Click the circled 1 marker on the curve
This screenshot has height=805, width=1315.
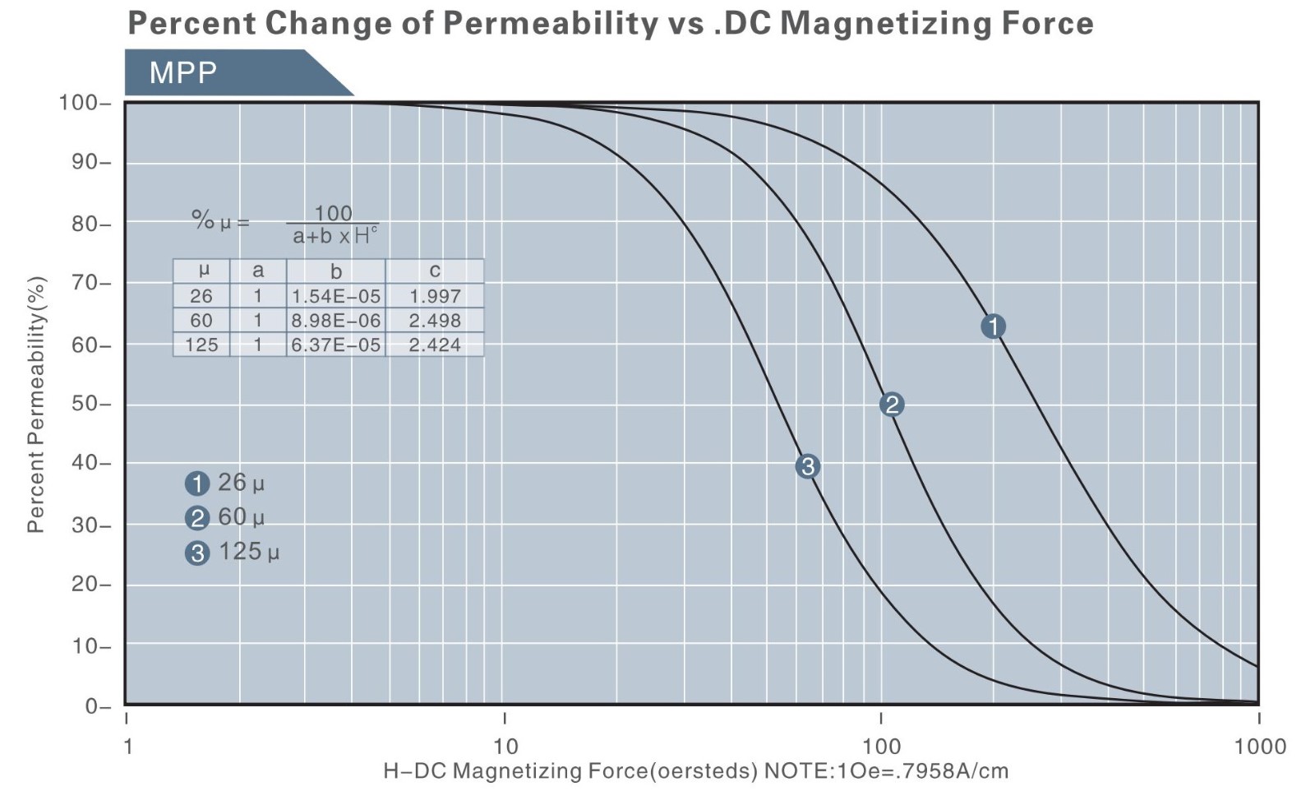pyautogui.click(x=993, y=326)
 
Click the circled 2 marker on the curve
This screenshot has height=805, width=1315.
pyautogui.click(x=892, y=405)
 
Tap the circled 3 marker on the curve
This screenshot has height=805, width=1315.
pyautogui.click(x=808, y=466)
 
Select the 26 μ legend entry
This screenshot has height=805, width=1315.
pyautogui.click(x=225, y=483)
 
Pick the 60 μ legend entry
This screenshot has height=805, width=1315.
pyautogui.click(x=225, y=517)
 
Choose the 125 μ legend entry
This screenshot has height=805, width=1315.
pyautogui.click(x=232, y=552)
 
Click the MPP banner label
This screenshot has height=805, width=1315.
pyautogui.click(x=183, y=73)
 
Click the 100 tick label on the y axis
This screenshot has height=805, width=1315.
pyautogui.click(x=79, y=103)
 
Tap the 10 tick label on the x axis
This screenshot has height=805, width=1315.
pyautogui.click(x=505, y=746)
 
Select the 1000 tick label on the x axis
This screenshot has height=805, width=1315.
pyautogui.click(x=1259, y=746)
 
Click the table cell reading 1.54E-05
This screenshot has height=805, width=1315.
pyautogui.click(x=336, y=296)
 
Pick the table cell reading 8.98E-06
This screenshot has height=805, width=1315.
pyautogui.click(x=336, y=321)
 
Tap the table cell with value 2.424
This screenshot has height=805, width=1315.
pyautogui.click(x=435, y=345)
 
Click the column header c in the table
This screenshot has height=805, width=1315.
pyautogui.click(x=435, y=271)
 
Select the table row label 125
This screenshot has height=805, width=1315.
pyautogui.click(x=201, y=345)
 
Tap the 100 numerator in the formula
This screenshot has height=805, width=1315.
pyautogui.click(x=333, y=214)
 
